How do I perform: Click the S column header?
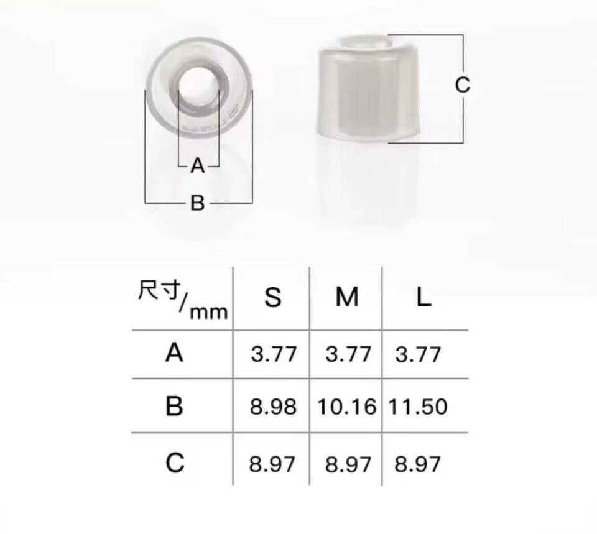272,297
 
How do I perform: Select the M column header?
347,297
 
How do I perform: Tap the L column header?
423,297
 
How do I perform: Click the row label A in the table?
174,352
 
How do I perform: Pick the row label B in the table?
174,405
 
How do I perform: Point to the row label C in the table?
175,463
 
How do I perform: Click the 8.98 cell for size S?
273,407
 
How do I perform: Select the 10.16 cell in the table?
346,407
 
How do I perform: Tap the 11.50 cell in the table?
418,407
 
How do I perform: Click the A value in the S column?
274,354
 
